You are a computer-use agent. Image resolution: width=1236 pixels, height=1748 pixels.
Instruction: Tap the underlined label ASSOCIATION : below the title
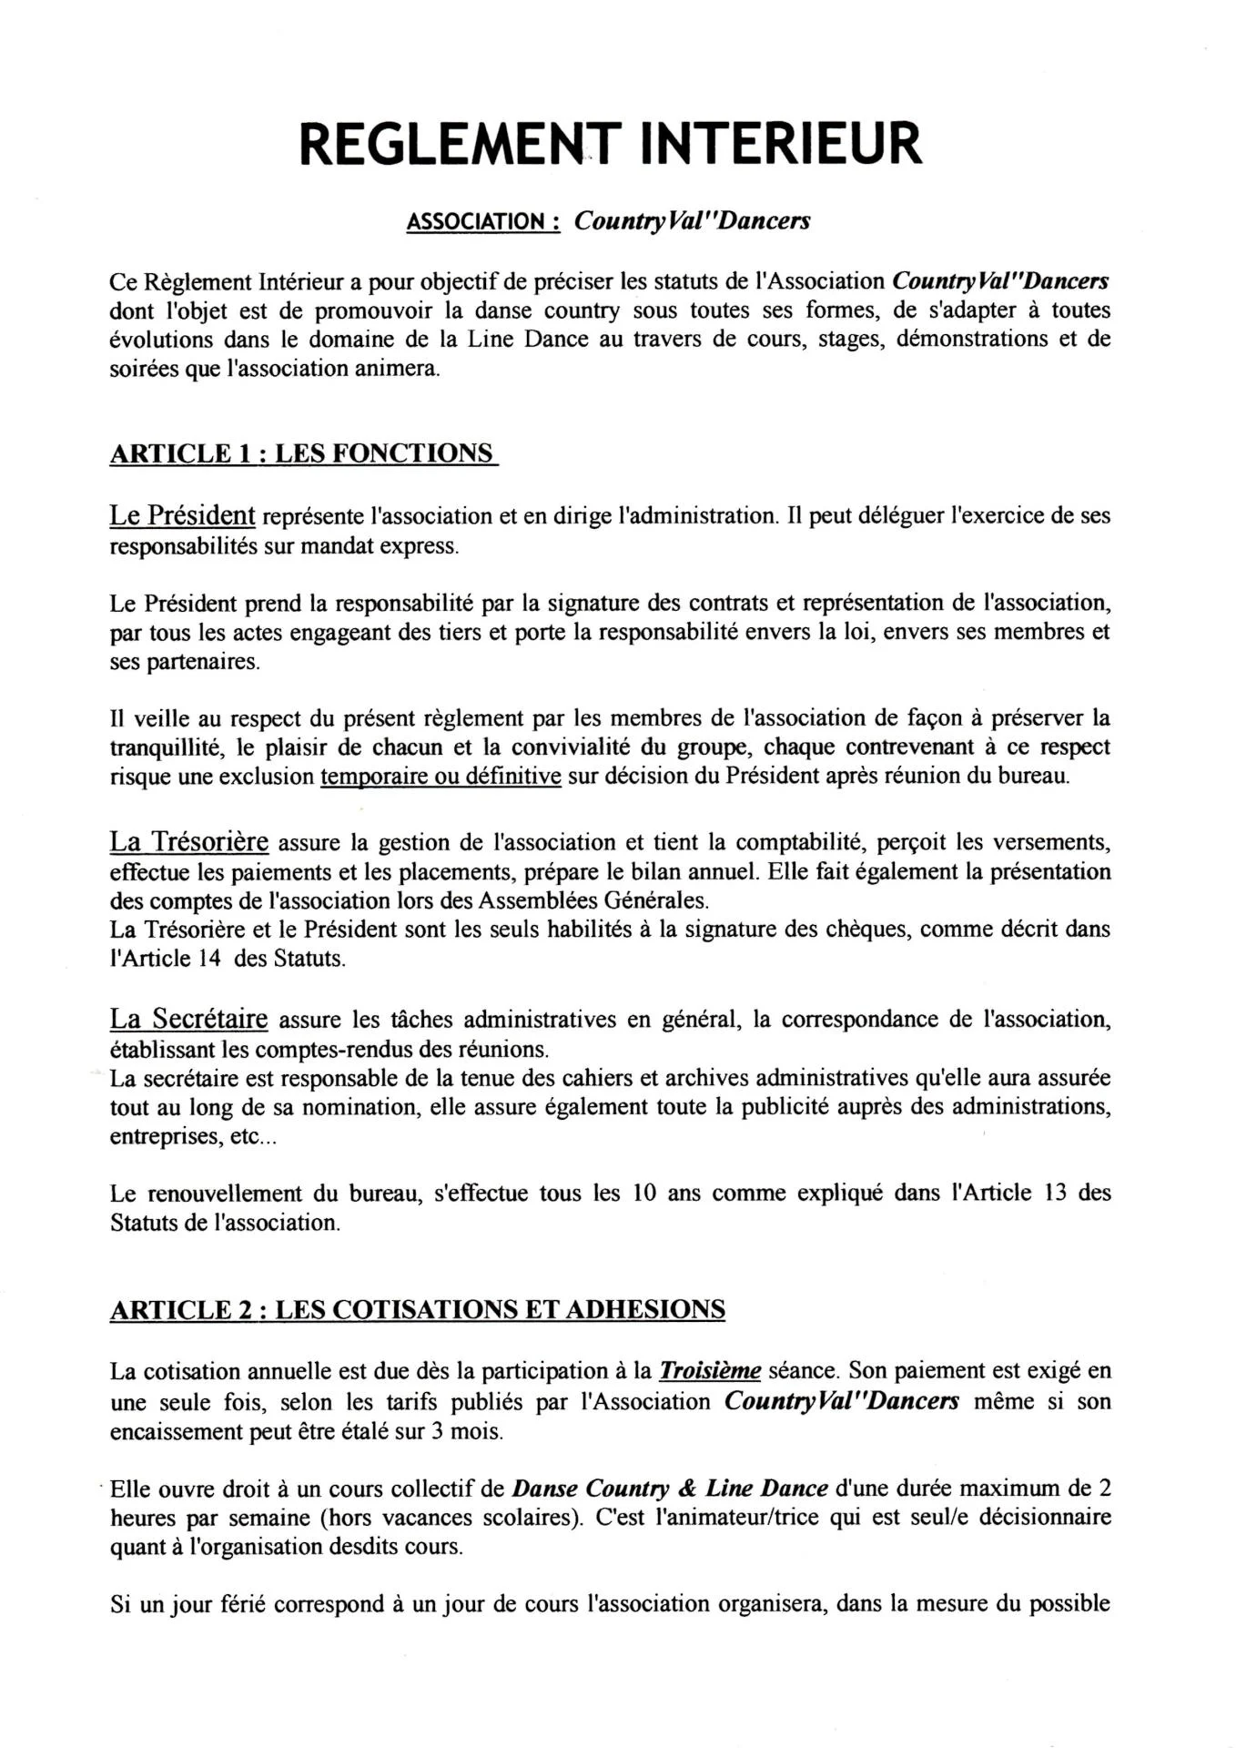[482, 222]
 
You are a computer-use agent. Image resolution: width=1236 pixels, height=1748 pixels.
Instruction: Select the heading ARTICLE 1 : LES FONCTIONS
[303, 453]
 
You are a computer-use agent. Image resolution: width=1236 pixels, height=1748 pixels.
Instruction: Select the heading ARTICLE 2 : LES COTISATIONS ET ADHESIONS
[417, 1309]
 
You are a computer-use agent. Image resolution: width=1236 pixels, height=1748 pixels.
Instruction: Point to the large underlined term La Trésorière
[188, 841]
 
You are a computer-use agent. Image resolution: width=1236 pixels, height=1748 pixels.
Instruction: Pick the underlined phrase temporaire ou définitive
[441, 777]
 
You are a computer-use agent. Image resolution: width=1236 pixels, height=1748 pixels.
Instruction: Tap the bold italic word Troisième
[709, 1370]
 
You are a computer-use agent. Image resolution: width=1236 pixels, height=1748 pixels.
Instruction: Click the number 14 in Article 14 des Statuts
[208, 959]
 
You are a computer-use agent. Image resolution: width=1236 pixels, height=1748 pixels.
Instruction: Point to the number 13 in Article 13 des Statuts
[1055, 1193]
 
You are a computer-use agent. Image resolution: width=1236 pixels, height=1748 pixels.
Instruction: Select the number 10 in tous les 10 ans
[644, 1193]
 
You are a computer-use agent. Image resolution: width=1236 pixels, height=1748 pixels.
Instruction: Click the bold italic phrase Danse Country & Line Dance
[670, 1489]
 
